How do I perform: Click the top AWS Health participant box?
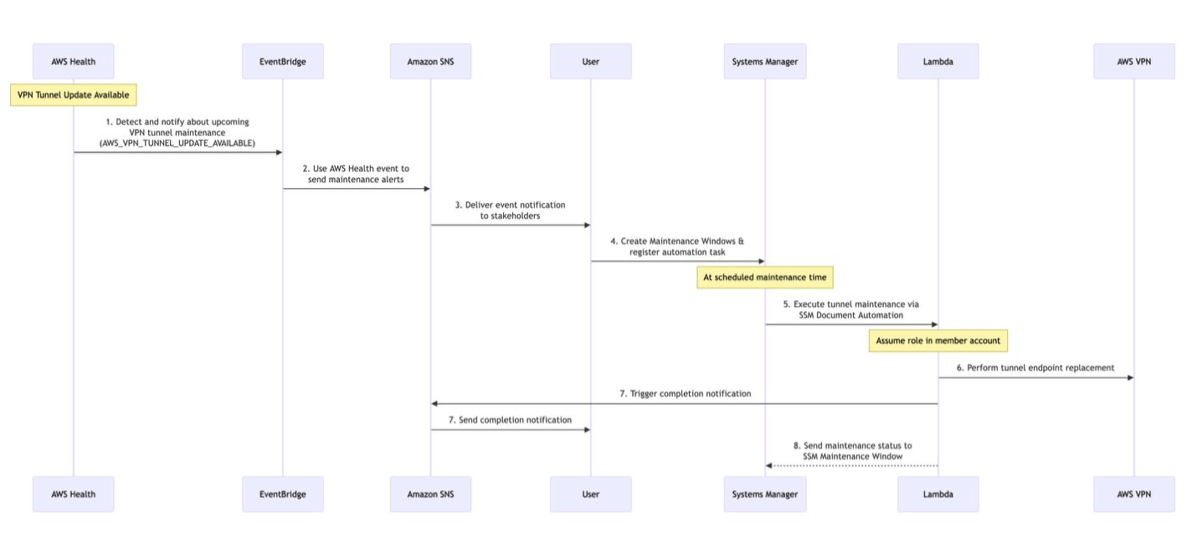coord(73,61)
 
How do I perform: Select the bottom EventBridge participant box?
coord(282,494)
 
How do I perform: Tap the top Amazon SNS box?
coord(430,61)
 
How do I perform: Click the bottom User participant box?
coord(590,494)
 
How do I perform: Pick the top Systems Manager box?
coord(764,61)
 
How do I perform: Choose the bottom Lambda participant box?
coord(938,494)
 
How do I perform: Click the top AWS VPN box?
coord(1133,61)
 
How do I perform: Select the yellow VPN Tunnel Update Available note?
coord(73,94)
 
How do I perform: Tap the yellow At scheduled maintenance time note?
coord(764,277)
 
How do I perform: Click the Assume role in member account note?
coord(938,340)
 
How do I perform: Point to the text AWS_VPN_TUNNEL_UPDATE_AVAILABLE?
coord(177,143)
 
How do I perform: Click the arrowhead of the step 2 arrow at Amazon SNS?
coord(426,189)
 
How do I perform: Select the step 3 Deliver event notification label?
coord(510,210)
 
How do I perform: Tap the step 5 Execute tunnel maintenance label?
coord(850,309)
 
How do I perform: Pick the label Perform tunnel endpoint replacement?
coord(1035,367)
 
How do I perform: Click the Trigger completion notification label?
coord(685,393)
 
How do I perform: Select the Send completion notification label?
coord(510,420)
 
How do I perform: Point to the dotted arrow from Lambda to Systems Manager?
coord(850,466)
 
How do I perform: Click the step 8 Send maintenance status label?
coord(852,451)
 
